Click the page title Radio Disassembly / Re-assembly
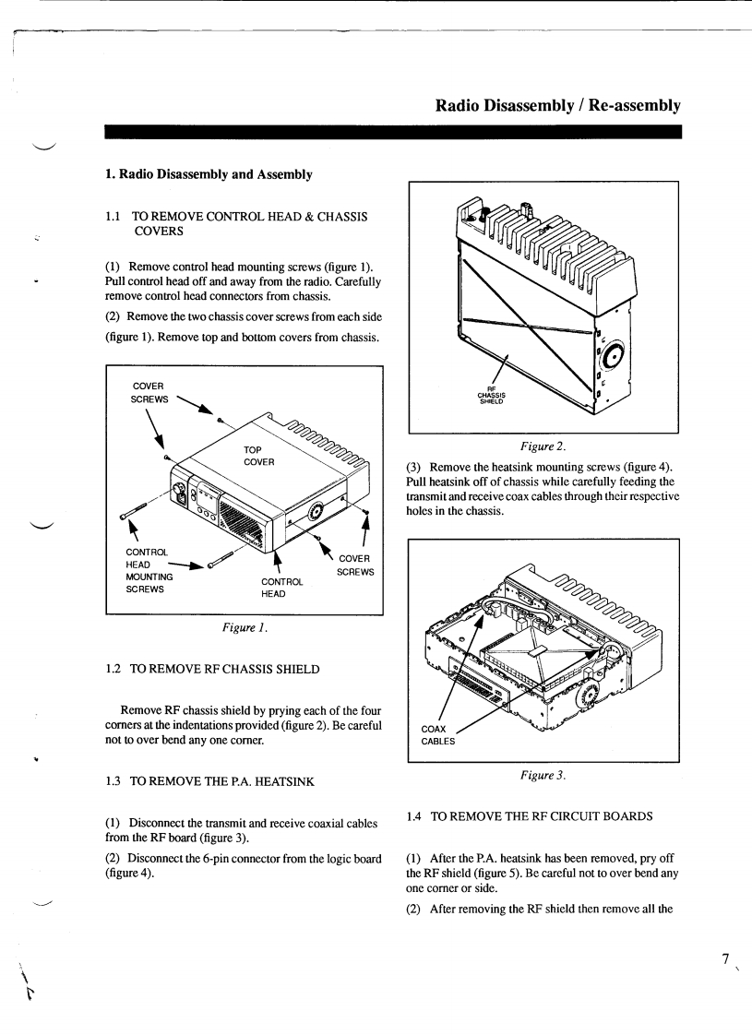pos(558,106)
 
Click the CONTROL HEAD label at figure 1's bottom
pos(282,588)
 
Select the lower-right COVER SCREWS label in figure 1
pos(354,565)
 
